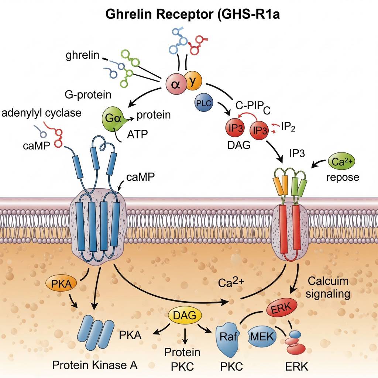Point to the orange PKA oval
[61, 284]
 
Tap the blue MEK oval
[262, 336]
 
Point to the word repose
[343, 177]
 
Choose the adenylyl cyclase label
[41, 113]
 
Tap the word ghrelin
[82, 56]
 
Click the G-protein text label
[88, 95]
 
